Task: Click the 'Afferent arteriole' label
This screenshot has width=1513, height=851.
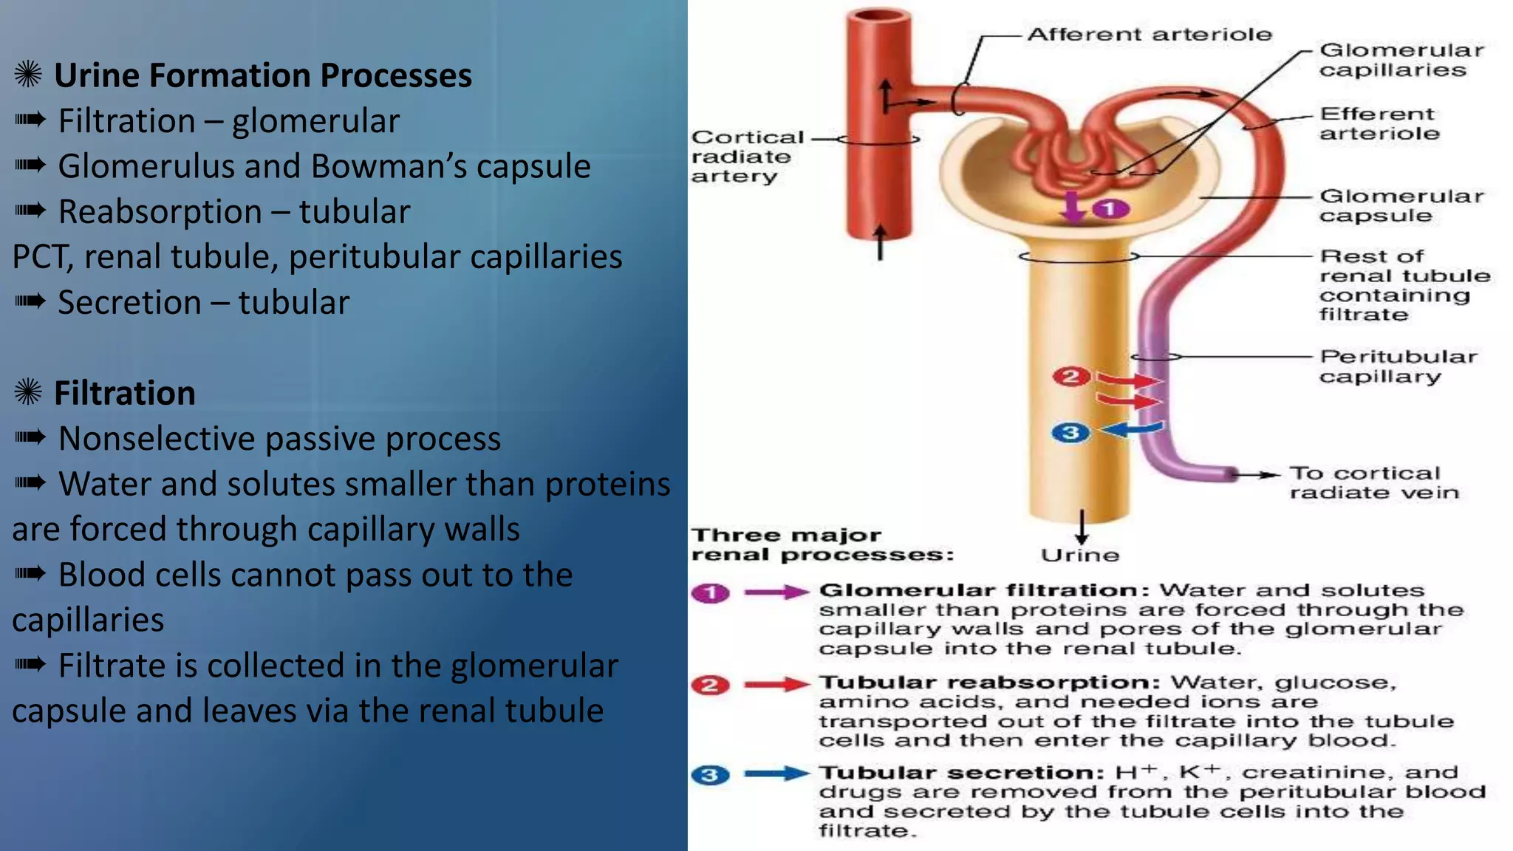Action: click(1150, 35)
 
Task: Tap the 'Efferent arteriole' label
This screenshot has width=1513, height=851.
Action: click(1379, 124)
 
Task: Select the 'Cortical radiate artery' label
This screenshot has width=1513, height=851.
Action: click(746, 157)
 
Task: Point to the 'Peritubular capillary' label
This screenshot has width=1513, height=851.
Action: click(1398, 366)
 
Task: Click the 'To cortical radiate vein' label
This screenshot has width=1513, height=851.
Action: click(1374, 482)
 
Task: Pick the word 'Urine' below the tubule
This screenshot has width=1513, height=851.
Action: click(1080, 556)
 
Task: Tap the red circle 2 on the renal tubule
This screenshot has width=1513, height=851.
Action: click(1070, 377)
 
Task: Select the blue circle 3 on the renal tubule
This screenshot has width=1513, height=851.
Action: click(1070, 433)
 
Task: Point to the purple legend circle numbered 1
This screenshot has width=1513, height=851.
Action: click(711, 592)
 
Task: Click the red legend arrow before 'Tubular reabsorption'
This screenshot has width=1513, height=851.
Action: click(776, 684)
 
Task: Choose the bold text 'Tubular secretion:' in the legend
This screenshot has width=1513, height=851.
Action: click(961, 773)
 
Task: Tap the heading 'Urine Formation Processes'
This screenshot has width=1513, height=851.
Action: click(263, 75)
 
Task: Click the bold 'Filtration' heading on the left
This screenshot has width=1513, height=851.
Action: click(125, 393)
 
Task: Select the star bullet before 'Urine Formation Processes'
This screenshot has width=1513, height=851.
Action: click(28, 75)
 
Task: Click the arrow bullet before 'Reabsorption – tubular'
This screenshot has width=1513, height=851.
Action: click(30, 211)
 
